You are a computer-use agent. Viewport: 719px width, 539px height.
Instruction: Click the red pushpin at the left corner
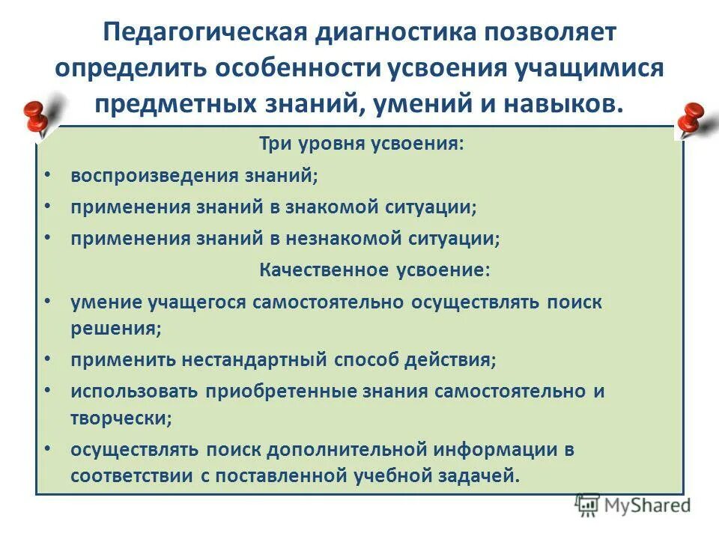click(34, 115)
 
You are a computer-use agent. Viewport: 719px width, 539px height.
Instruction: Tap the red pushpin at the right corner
click(692, 120)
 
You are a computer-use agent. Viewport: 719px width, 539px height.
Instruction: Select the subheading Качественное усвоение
click(375, 269)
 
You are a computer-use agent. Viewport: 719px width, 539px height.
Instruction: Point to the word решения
click(115, 328)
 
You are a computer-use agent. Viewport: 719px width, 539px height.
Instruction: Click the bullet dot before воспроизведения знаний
click(48, 175)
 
